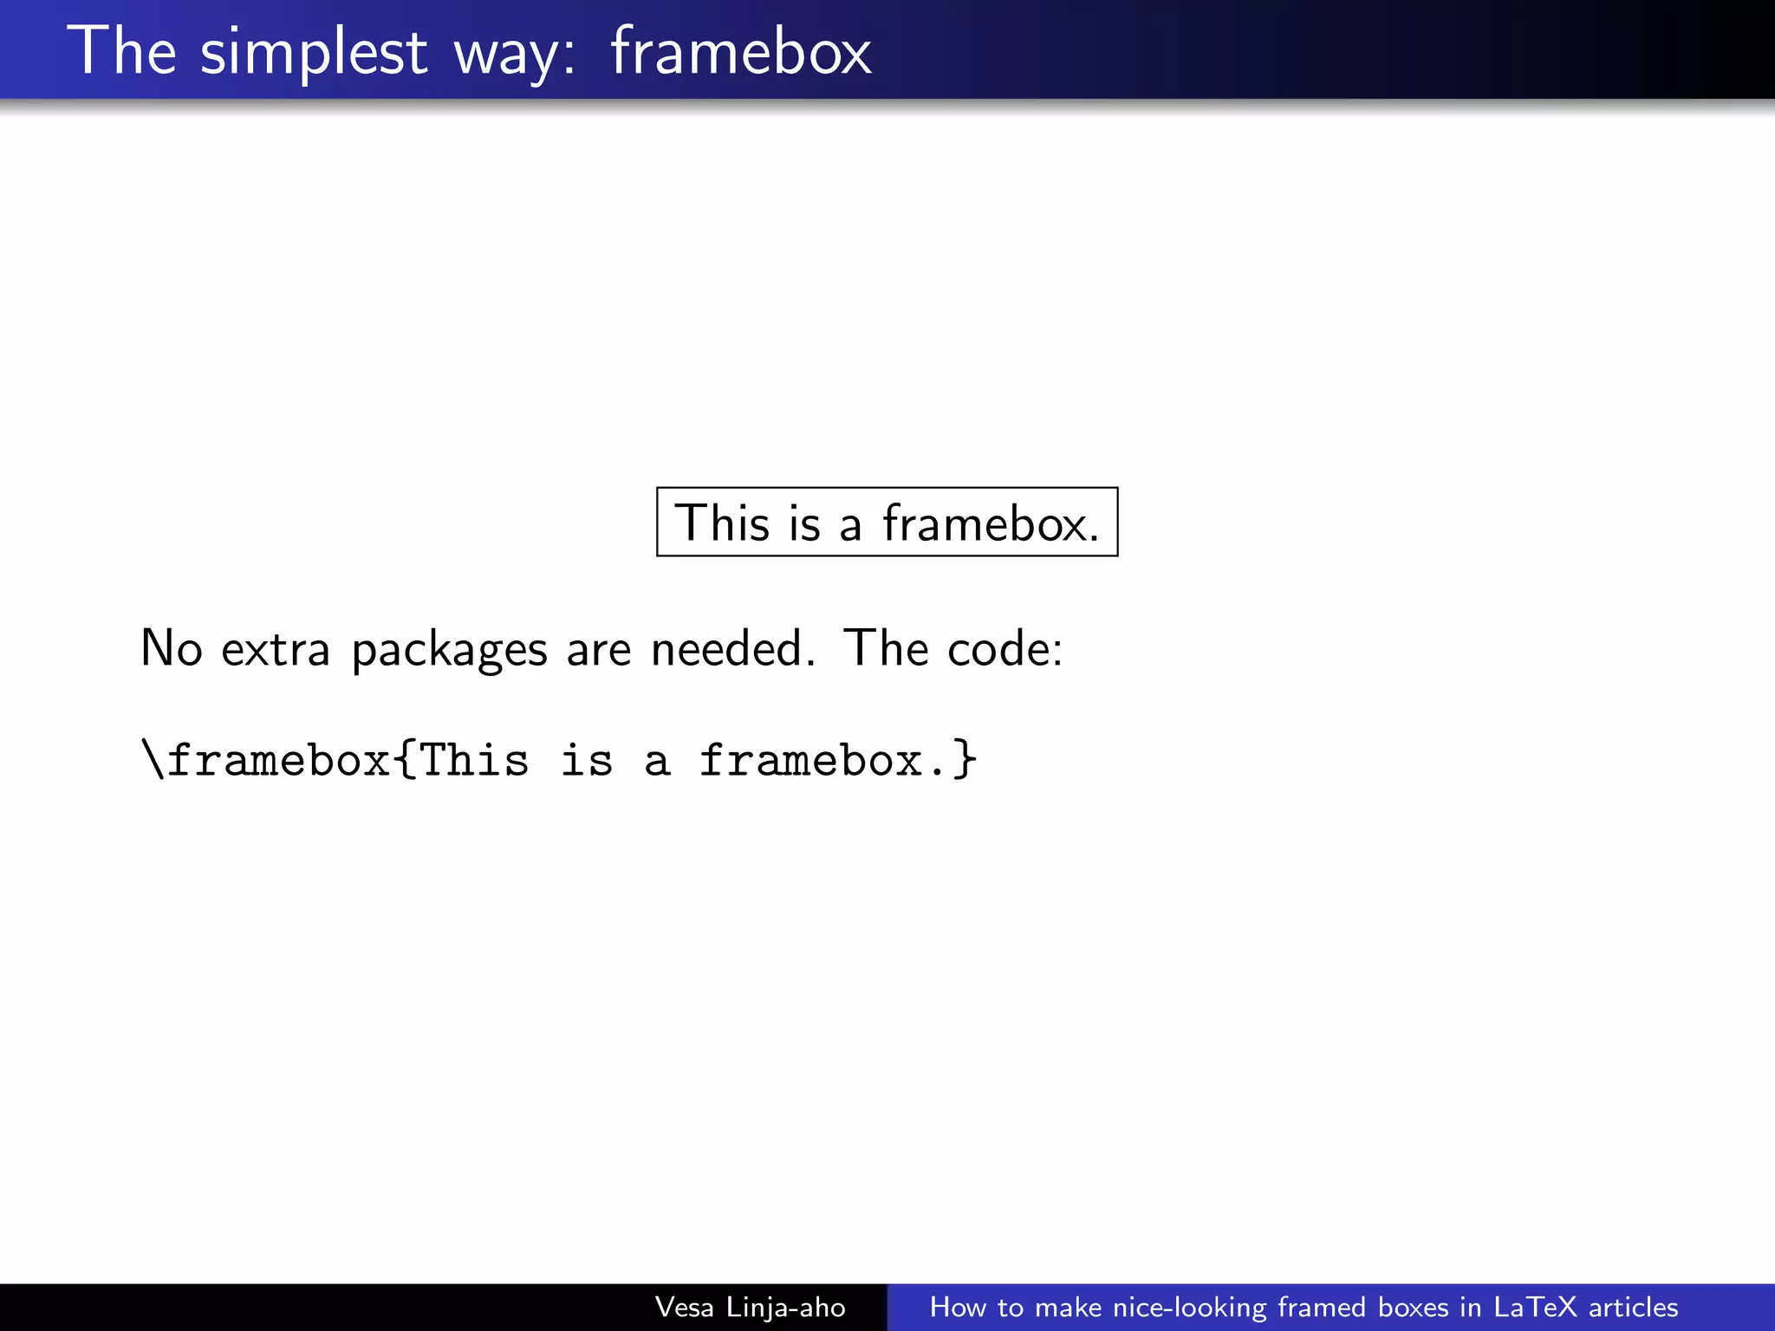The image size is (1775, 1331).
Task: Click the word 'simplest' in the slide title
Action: click(x=314, y=52)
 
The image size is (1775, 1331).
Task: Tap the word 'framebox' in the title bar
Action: click(x=741, y=52)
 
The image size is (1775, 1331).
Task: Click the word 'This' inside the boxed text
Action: click(x=722, y=523)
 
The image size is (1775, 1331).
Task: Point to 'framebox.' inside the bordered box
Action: click(x=991, y=523)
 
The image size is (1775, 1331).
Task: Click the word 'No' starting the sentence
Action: click(x=172, y=648)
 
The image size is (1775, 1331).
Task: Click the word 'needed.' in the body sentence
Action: click(x=733, y=648)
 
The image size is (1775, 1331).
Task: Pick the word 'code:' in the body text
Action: click(x=1005, y=648)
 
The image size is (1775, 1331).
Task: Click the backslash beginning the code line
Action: click(x=153, y=760)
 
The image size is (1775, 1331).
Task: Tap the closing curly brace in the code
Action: click(x=965, y=760)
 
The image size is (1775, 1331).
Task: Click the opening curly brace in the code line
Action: click(x=405, y=760)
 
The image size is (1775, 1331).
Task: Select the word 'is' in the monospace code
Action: click(x=587, y=760)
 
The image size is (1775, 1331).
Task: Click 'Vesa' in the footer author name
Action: click(x=685, y=1307)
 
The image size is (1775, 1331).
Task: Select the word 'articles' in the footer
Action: click(x=1633, y=1307)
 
